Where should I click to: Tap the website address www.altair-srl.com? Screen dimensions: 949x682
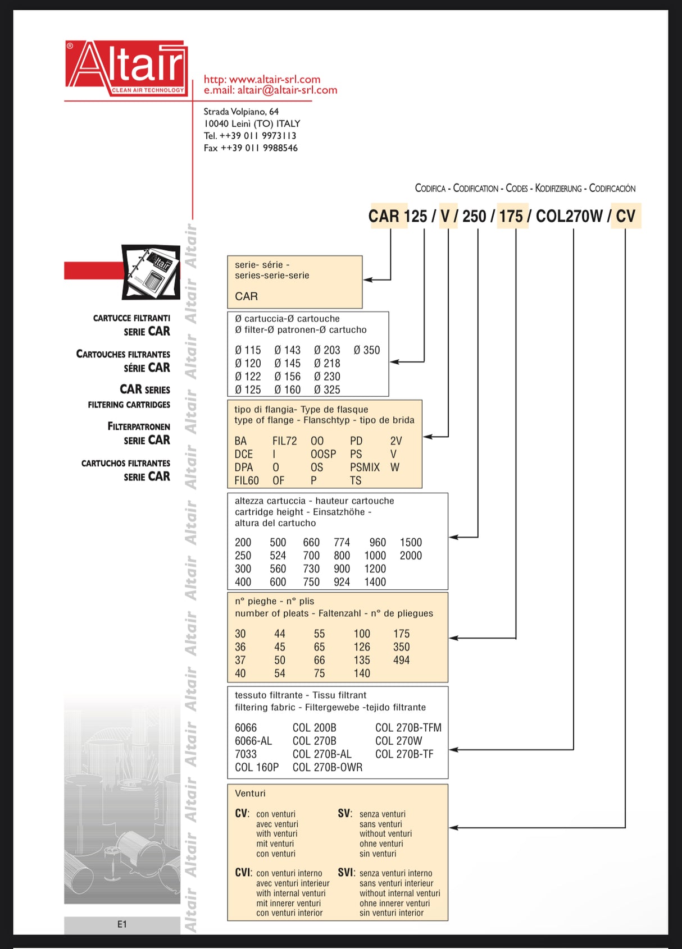point(262,79)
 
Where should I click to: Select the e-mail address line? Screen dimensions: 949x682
point(270,90)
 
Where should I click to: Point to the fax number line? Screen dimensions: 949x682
point(251,148)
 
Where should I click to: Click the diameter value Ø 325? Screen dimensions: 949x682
point(327,389)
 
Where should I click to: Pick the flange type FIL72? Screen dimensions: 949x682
point(284,441)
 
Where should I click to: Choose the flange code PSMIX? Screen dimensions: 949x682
point(365,467)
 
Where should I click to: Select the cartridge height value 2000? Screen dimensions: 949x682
point(411,556)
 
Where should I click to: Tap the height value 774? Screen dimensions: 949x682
point(342,542)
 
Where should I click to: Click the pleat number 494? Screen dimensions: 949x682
point(401,660)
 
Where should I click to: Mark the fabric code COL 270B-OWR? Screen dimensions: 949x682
point(328,767)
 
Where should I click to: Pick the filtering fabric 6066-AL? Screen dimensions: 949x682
point(253,741)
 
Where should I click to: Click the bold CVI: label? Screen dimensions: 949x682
point(243,873)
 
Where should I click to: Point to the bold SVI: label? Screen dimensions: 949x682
point(346,873)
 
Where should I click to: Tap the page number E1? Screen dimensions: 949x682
point(122,924)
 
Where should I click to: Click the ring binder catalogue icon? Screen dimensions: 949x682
point(151,272)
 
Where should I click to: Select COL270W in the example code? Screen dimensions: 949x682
point(569,216)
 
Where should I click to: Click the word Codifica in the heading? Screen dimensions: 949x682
point(430,189)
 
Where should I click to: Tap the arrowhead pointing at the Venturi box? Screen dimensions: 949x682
point(453,828)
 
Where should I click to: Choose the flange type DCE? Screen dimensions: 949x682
point(244,454)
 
